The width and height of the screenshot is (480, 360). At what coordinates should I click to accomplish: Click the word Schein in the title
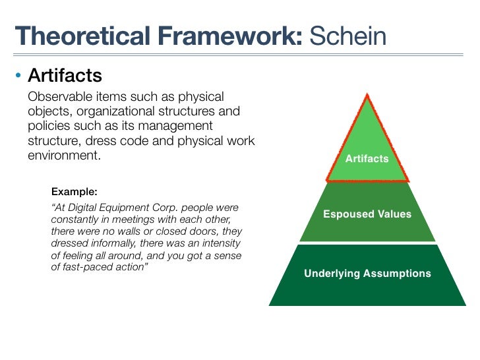(x=347, y=34)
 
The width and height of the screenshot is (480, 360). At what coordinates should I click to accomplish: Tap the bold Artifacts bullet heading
(x=65, y=75)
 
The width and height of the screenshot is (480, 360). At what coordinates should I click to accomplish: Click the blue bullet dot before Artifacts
(x=19, y=75)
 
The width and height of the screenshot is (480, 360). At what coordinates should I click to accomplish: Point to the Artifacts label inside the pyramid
(x=367, y=159)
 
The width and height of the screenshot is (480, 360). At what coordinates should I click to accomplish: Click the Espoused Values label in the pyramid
(x=367, y=214)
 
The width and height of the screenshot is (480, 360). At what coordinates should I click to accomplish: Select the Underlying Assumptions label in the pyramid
(x=367, y=273)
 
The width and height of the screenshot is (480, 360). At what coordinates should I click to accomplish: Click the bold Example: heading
(x=74, y=192)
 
